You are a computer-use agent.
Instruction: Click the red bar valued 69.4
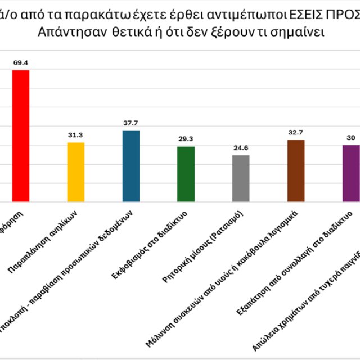(20, 135)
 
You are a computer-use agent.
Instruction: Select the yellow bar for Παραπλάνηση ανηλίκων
(75, 172)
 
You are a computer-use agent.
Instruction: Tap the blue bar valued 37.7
(130, 165)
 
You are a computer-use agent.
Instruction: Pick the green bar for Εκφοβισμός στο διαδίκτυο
(186, 173)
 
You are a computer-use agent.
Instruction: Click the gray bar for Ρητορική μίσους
(241, 178)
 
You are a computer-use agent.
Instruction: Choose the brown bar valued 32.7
(296, 170)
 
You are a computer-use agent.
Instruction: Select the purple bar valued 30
(351, 173)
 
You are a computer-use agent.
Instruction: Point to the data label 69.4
(20, 62)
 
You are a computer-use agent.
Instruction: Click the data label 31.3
(75, 135)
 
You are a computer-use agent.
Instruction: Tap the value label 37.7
(130, 123)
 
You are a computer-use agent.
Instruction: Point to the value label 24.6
(241, 148)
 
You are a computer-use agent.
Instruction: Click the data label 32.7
(296, 132)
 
